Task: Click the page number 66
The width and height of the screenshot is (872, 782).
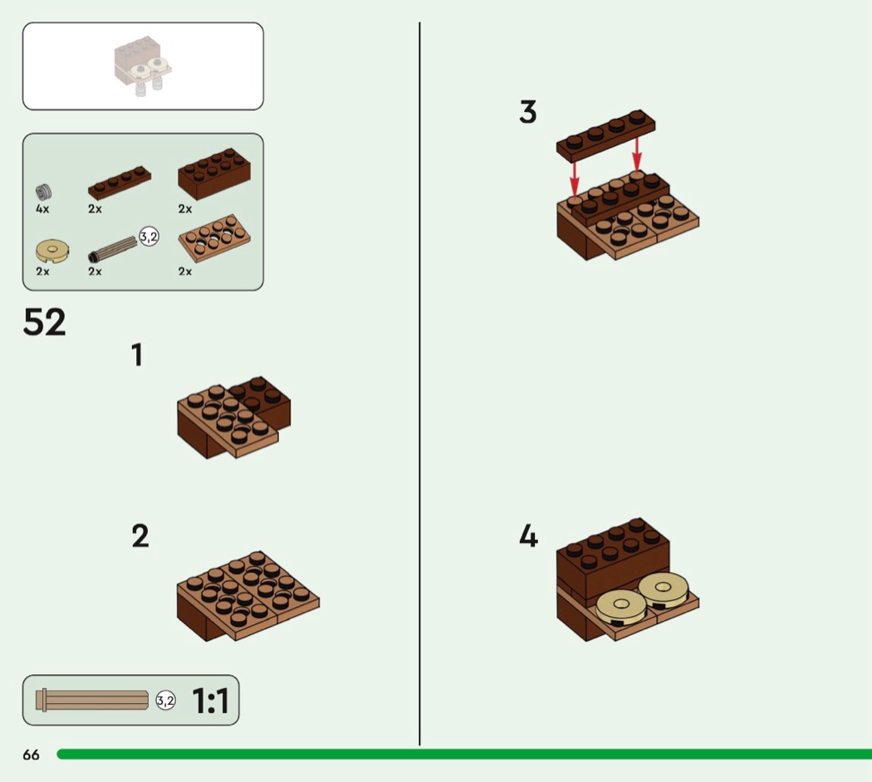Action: (x=32, y=755)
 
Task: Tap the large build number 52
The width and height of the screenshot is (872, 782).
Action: (x=45, y=322)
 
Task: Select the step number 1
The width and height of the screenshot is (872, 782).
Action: (x=137, y=354)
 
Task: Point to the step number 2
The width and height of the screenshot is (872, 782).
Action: (x=140, y=535)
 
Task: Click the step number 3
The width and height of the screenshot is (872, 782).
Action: (x=527, y=112)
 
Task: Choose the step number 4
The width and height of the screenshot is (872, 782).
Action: (x=528, y=536)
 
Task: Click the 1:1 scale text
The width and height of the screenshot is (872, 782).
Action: (x=210, y=701)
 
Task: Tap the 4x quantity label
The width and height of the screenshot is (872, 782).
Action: (x=42, y=209)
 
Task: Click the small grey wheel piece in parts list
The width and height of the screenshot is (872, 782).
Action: (x=44, y=193)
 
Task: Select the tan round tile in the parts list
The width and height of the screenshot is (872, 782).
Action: (x=52, y=251)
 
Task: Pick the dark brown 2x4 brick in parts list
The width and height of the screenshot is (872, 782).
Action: (x=214, y=174)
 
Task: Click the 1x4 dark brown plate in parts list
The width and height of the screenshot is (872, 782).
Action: (x=120, y=183)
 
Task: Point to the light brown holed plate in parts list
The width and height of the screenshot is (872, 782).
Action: (x=214, y=238)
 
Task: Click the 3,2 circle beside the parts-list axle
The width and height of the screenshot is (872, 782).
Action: (x=149, y=237)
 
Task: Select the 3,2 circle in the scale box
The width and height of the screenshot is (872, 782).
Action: (x=166, y=701)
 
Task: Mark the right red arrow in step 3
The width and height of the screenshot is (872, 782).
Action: (x=637, y=154)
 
